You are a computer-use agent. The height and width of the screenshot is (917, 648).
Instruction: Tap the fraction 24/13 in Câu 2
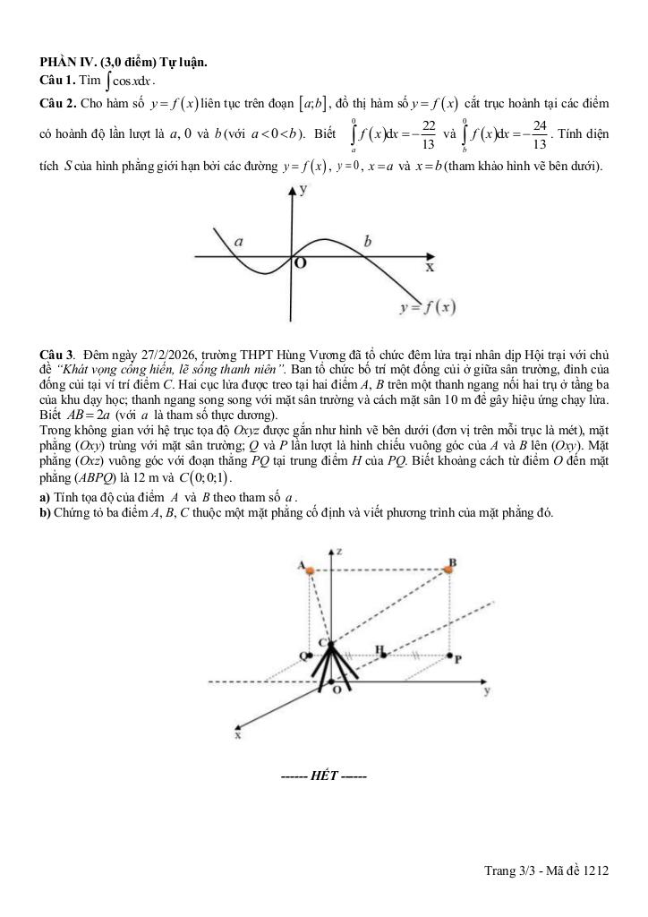coord(539,135)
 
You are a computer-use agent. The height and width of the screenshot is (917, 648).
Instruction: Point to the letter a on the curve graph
coord(238,242)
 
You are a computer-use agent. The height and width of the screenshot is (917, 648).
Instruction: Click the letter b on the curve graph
coord(368,240)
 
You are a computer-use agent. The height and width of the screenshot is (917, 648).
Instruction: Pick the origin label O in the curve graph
coord(300,263)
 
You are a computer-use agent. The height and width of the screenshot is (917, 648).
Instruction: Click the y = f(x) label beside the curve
coord(427,307)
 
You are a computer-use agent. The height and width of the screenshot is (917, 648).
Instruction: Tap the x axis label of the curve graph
coord(430,267)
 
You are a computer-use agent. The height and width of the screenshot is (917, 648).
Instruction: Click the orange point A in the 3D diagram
coord(310,570)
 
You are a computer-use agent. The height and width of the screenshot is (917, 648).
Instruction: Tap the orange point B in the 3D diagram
coord(449,569)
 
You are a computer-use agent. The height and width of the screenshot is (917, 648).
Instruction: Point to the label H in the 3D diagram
coord(379,647)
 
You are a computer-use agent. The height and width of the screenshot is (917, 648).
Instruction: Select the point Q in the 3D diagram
coord(304,655)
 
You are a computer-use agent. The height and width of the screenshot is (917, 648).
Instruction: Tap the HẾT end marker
coord(323,775)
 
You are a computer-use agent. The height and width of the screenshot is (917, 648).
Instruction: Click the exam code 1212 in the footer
coord(594,869)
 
